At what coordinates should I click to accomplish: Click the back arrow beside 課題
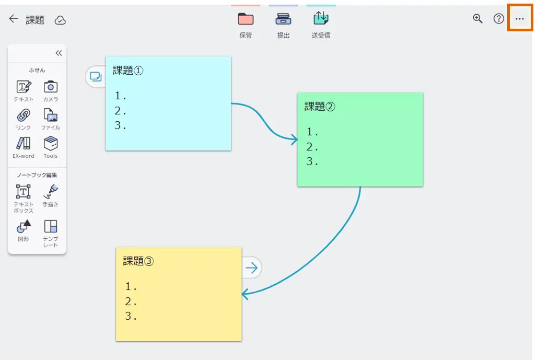[x=14, y=19]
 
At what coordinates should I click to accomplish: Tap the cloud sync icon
[x=61, y=20]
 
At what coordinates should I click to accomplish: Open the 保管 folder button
[x=246, y=19]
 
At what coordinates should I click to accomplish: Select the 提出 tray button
[x=283, y=19]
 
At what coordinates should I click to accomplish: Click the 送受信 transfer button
[x=321, y=19]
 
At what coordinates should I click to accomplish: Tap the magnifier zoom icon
[x=477, y=19]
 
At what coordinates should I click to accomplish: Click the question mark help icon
[x=499, y=19]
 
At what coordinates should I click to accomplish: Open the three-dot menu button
[x=519, y=19]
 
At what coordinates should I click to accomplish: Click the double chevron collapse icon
[x=59, y=53]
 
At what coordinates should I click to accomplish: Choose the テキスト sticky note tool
[x=24, y=87]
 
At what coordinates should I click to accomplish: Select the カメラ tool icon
[x=51, y=87]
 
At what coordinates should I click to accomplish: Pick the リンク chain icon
[x=24, y=115]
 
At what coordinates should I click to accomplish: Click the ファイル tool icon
[x=51, y=115]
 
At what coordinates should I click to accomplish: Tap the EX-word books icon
[x=24, y=143]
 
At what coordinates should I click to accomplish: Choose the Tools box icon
[x=51, y=143]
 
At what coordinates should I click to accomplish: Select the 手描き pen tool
[x=51, y=192]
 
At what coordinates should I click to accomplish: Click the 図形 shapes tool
[x=24, y=226]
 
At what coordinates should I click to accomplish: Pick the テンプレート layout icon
[x=51, y=226]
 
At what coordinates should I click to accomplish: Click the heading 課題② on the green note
[x=320, y=107]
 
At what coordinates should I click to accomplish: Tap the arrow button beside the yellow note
[x=252, y=268]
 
